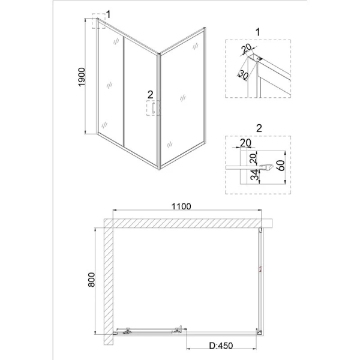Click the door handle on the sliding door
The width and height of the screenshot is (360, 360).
(154, 109)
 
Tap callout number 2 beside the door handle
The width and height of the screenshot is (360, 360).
(150, 94)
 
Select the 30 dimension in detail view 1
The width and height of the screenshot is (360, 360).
(242, 76)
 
